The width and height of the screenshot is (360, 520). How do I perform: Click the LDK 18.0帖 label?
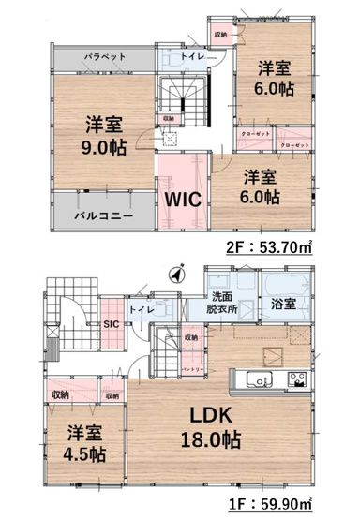coord(217,424)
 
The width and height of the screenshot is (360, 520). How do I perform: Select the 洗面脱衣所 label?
coord(226,305)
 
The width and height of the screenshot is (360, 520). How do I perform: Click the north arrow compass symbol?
coord(175,275)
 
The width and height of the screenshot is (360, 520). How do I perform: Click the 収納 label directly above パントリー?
coord(191,337)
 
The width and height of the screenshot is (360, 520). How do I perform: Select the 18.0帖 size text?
coord(217,439)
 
